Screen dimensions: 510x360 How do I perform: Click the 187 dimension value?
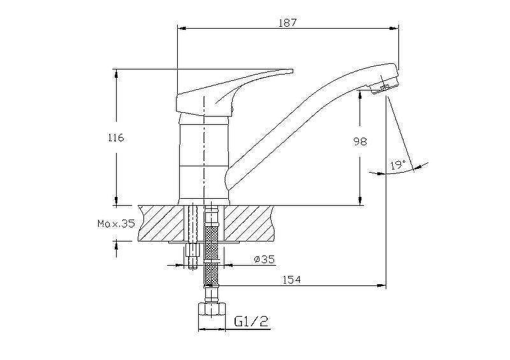[x=288, y=22]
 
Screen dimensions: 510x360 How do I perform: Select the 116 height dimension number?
[x=115, y=138]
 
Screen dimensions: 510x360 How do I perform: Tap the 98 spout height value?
[x=360, y=141]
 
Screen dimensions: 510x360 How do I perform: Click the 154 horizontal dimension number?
[x=292, y=279]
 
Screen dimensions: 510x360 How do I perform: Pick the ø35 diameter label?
[x=265, y=259]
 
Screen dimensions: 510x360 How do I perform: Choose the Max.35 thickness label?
[x=116, y=224]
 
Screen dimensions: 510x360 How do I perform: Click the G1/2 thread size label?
[x=251, y=322]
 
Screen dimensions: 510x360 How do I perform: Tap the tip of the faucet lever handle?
[x=292, y=71]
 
